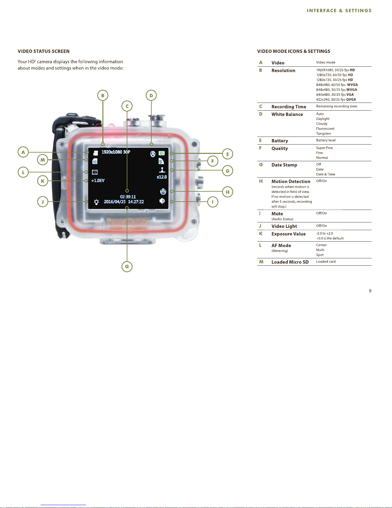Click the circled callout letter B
tap(103, 96)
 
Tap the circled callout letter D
tap(151, 96)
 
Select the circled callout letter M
tap(43, 160)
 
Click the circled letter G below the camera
tap(127, 266)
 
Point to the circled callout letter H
tap(228, 192)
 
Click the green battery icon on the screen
tap(162, 154)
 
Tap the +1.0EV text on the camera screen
tap(98, 181)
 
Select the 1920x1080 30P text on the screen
tap(116, 152)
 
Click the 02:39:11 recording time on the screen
tap(128, 196)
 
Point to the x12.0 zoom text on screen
tap(162, 177)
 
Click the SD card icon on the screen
tap(95, 161)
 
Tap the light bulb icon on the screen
tap(96, 202)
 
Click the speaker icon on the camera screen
tap(162, 201)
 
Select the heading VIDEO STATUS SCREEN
tap(44, 51)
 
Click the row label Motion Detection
tap(291, 181)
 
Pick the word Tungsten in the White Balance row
tap(324, 134)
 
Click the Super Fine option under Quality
tap(324, 148)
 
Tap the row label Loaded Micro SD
tap(290, 262)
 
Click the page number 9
tap(370, 291)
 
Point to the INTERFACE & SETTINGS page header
tap(339, 11)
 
